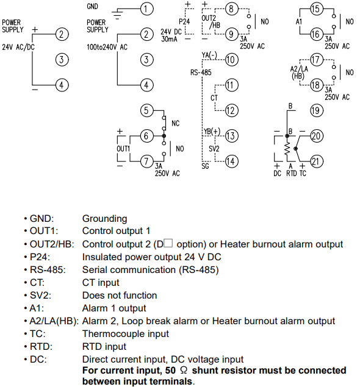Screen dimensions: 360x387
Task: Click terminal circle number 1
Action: click(x=147, y=9)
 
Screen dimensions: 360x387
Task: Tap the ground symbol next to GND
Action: click(x=117, y=14)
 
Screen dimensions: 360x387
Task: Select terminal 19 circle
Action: click(x=317, y=110)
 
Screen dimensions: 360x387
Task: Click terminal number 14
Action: click(x=231, y=162)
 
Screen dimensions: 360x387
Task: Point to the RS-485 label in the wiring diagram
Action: click(x=201, y=73)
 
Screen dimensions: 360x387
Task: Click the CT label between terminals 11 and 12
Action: click(x=214, y=98)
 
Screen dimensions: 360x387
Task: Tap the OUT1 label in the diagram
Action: click(x=123, y=149)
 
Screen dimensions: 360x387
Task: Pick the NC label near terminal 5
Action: click(x=176, y=123)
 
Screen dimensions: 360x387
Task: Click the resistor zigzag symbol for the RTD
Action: click(x=287, y=149)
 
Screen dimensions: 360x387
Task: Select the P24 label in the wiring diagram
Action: click(x=184, y=21)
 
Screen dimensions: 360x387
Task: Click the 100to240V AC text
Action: click(x=107, y=47)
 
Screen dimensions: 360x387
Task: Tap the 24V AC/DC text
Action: click(x=18, y=47)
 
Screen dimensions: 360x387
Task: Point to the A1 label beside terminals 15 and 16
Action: click(x=299, y=22)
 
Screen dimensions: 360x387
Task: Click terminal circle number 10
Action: click(x=231, y=60)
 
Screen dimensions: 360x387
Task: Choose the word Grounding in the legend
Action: click(x=104, y=219)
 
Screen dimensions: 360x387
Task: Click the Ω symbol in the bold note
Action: click(x=184, y=370)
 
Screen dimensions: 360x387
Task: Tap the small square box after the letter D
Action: click(x=168, y=243)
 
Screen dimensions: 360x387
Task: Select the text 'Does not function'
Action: click(x=120, y=296)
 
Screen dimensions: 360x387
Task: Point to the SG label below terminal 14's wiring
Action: click(x=205, y=166)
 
